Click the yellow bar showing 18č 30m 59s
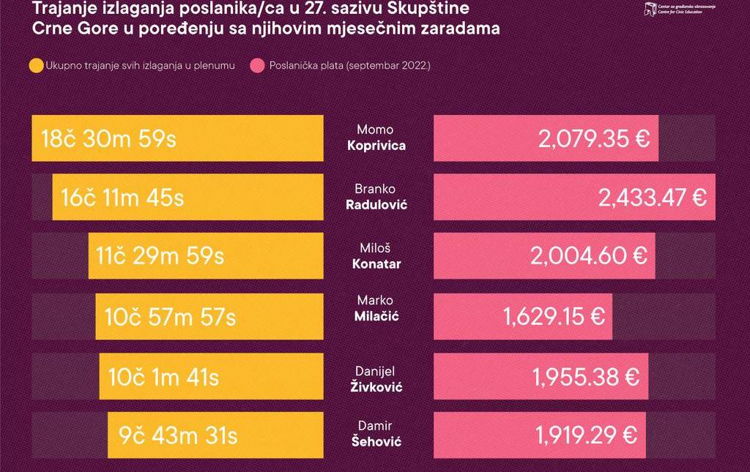click(x=177, y=138)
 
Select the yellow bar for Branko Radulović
click(x=187, y=197)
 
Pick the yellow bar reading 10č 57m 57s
click(x=209, y=316)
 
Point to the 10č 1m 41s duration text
click(x=163, y=377)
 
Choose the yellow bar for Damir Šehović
click(x=215, y=435)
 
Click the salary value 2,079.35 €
click(x=594, y=138)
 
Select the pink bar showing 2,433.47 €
click(x=574, y=197)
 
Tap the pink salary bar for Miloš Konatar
click(x=544, y=256)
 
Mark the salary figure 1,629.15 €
click(x=554, y=316)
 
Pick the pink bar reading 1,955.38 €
click(x=541, y=377)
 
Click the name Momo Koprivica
click(x=376, y=138)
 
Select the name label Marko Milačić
click(x=376, y=308)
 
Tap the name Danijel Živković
click(x=376, y=379)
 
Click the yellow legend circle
click(x=36, y=67)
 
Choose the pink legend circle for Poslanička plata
click(x=257, y=67)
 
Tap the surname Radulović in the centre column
click(x=376, y=205)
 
